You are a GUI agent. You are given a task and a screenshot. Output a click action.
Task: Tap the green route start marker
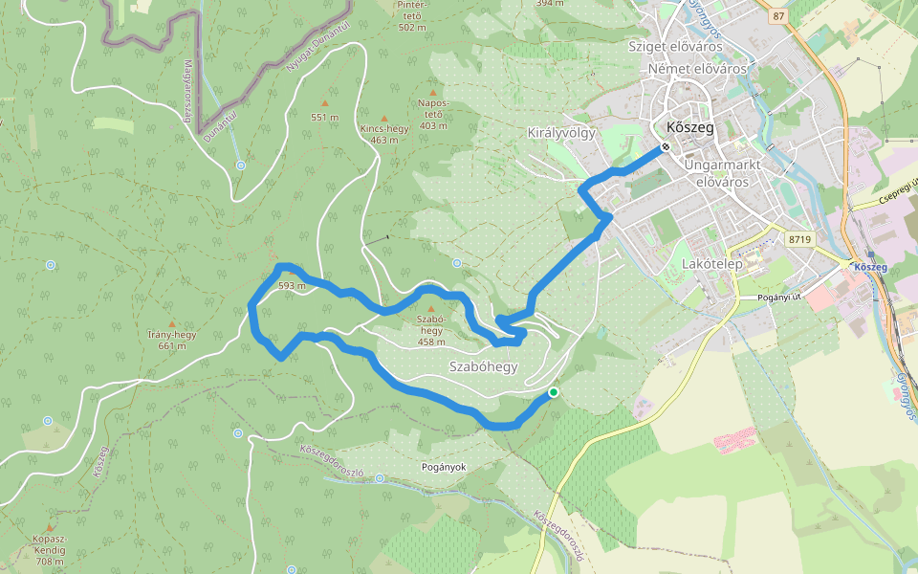pos(553,392)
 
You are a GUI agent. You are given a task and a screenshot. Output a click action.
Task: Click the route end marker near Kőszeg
pos(665,148)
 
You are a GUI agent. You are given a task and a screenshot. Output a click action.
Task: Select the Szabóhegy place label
pos(483,366)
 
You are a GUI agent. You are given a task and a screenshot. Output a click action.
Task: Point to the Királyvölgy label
pos(561,133)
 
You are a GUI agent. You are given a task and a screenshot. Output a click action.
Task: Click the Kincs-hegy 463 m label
pos(384,133)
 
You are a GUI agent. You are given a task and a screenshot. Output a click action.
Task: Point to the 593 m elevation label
pos(291,285)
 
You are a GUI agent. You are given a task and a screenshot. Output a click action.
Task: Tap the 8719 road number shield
pos(800,238)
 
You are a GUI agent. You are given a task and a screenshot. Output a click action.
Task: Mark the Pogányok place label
pos(443,467)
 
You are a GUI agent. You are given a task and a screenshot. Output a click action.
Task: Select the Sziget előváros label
pos(673,45)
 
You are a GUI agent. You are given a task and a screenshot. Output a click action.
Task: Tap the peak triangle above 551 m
pos(325,102)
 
